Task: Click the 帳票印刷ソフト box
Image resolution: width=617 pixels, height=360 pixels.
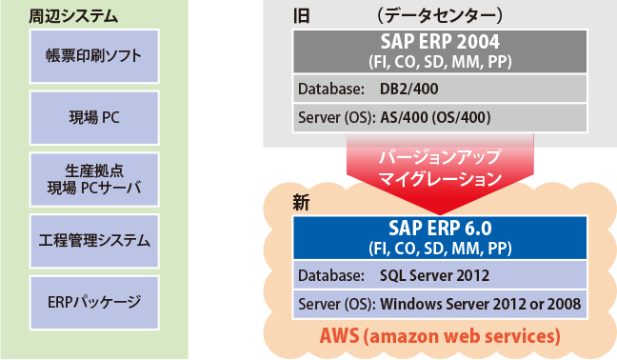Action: [93, 54]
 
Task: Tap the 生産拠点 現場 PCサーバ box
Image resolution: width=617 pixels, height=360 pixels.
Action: [93, 177]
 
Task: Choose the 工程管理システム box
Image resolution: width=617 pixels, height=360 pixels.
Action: [93, 240]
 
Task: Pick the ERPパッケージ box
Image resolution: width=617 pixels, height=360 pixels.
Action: [93, 302]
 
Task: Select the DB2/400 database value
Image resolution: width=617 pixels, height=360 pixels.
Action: [408, 89]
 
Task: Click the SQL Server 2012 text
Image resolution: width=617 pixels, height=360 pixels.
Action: [433, 276]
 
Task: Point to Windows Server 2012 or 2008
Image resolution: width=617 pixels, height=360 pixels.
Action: [480, 305]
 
